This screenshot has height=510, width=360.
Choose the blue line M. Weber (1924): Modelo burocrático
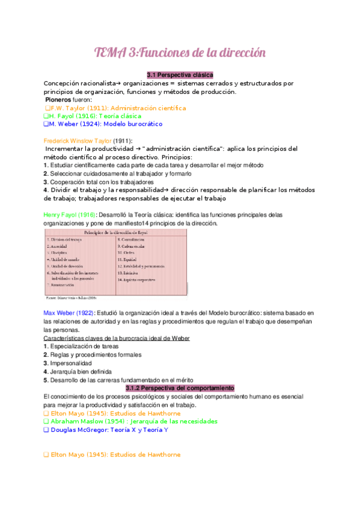pos(105,124)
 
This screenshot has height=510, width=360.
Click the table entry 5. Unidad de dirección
pos(72,266)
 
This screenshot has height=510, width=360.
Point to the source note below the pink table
pos(71,297)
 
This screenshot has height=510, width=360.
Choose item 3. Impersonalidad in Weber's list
pos(68,363)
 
